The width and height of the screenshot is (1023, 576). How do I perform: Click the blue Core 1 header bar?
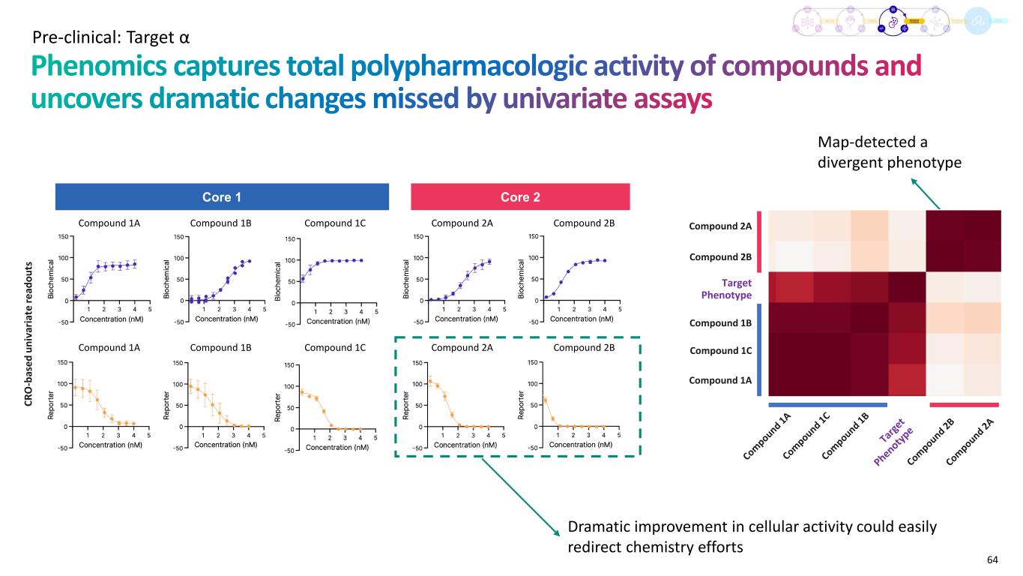pos(222,197)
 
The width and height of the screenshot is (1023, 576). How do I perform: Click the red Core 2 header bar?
pos(520,197)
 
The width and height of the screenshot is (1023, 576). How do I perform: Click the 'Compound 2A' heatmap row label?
pos(720,225)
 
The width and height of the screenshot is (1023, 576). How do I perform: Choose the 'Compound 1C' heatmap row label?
pos(720,350)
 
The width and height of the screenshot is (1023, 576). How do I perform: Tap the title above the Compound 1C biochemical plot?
pos(334,222)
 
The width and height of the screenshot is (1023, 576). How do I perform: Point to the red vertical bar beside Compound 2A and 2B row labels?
pos(761,241)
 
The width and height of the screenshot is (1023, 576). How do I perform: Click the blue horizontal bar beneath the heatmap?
pos(827,405)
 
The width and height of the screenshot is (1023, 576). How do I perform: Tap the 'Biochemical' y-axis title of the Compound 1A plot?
pos(52,278)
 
